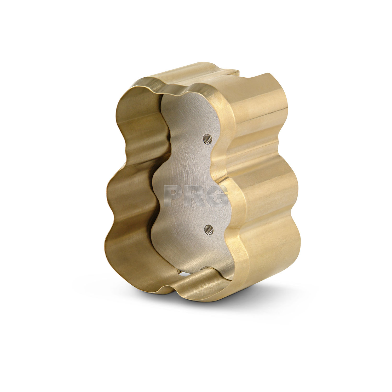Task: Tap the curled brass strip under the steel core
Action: click(x=209, y=282)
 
